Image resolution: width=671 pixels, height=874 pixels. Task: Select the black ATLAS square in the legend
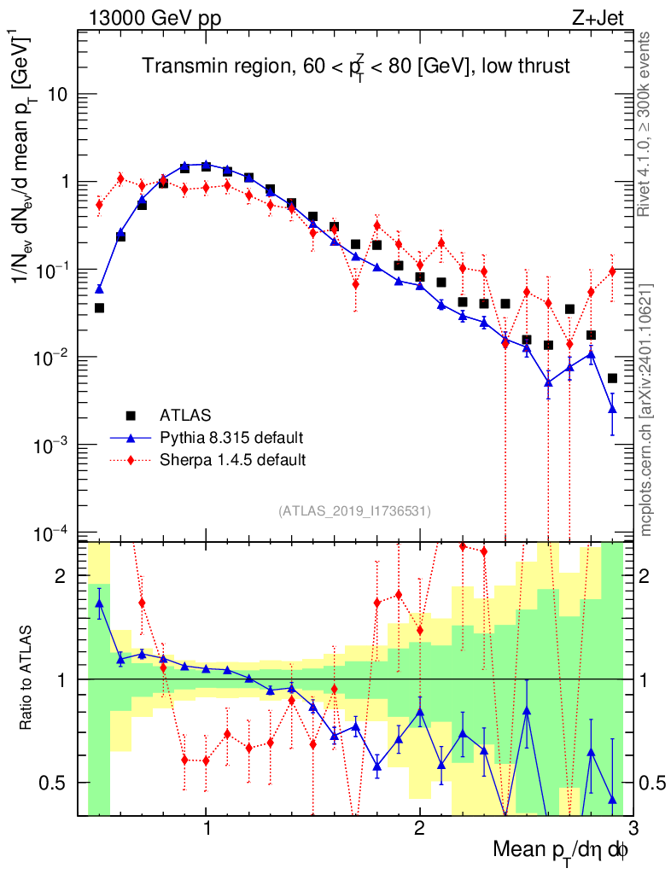pos(131,416)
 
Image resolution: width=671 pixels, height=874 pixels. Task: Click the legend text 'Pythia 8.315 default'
pos(231,438)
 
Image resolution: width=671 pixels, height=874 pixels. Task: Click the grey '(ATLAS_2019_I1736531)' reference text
pos(354,511)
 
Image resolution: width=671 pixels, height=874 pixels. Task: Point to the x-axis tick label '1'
pos(207,828)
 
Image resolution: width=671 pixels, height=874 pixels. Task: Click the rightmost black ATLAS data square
pos(612,378)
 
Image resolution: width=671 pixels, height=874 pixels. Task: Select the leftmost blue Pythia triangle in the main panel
pos(99,289)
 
